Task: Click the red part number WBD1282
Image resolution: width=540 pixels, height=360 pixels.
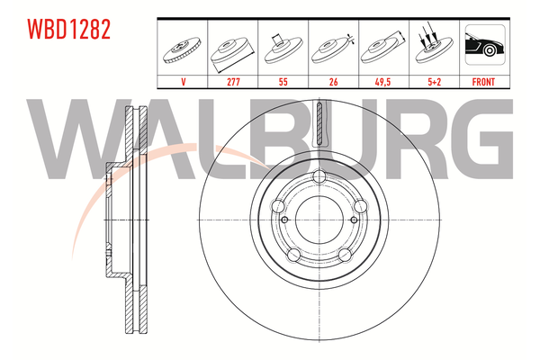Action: [x=69, y=30]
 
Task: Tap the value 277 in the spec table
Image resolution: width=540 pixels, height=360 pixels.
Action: [x=233, y=82]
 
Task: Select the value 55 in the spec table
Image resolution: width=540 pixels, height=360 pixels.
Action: [x=283, y=82]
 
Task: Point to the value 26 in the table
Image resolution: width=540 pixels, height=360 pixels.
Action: [x=333, y=82]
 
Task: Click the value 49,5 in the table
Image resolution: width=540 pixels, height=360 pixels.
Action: [x=382, y=82]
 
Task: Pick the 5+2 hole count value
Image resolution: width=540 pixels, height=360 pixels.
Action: [x=435, y=82]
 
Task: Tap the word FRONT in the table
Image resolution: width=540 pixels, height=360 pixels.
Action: [x=483, y=82]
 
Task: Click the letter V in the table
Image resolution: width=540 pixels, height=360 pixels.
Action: [x=184, y=82]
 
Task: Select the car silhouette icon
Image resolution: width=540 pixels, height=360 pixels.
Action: [x=485, y=45]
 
